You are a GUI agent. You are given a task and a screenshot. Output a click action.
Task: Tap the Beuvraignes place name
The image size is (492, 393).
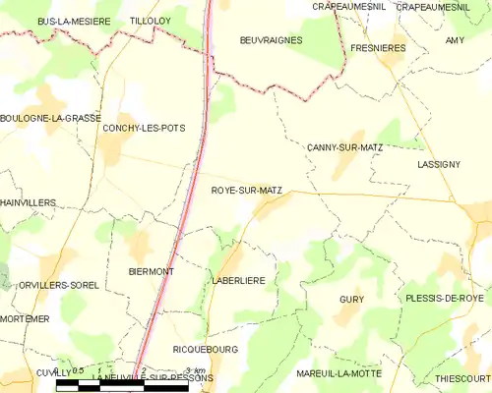pyautogui.click(x=271, y=40)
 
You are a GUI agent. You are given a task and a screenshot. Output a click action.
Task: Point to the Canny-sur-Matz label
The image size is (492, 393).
pyautogui.click(x=344, y=147)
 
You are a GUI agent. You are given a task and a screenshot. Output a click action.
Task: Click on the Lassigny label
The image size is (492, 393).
pyautogui.click(x=438, y=164)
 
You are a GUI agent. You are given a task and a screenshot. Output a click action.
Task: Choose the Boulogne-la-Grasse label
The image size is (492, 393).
pyautogui.click(x=51, y=118)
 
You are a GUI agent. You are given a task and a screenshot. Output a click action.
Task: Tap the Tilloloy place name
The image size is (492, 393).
pyautogui.click(x=151, y=20)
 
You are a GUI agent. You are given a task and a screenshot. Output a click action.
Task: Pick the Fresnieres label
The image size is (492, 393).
pyautogui.click(x=380, y=46)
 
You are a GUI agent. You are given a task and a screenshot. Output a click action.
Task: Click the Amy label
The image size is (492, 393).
pyautogui.click(x=454, y=40)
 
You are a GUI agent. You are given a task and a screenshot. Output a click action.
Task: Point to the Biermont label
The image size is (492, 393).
pyautogui.click(x=152, y=270)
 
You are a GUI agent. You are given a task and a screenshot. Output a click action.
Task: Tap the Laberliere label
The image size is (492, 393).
pyautogui.click(x=238, y=280)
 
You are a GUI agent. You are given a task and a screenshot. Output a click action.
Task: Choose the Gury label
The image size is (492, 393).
pyautogui.click(x=351, y=298)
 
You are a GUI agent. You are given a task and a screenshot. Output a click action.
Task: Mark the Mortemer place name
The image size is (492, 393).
pyautogui.click(x=25, y=319)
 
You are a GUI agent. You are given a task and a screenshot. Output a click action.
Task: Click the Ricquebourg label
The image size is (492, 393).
pyautogui.click(x=206, y=349)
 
